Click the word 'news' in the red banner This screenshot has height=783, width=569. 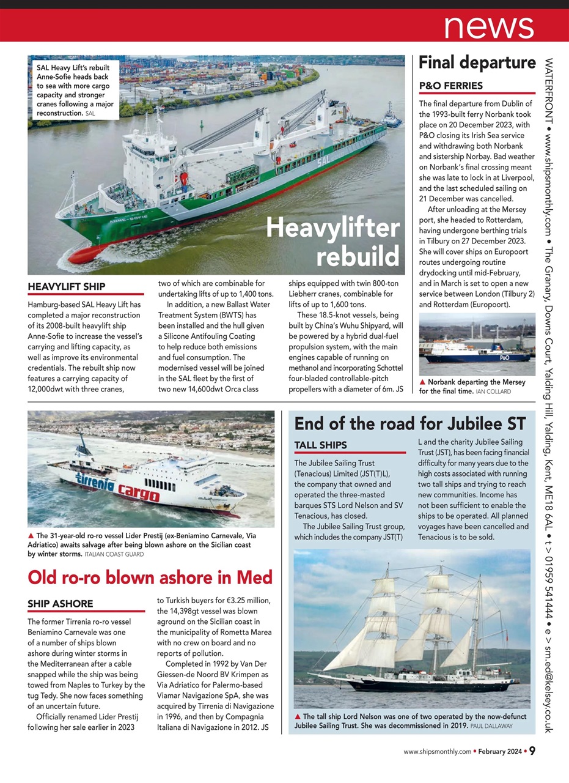[488, 25]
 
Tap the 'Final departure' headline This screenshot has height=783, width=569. [477, 62]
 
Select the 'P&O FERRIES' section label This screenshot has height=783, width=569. [451, 86]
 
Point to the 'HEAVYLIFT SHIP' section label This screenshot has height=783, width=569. [67, 286]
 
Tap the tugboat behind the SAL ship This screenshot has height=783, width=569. [391, 116]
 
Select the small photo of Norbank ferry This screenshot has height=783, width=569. [477, 344]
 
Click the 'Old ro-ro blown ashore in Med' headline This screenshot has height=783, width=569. [150, 577]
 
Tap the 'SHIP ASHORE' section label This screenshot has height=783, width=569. [61, 604]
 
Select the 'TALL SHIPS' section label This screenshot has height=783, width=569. [321, 445]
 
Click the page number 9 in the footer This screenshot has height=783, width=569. [532, 751]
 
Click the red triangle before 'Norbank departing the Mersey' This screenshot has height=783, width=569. [422, 382]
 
